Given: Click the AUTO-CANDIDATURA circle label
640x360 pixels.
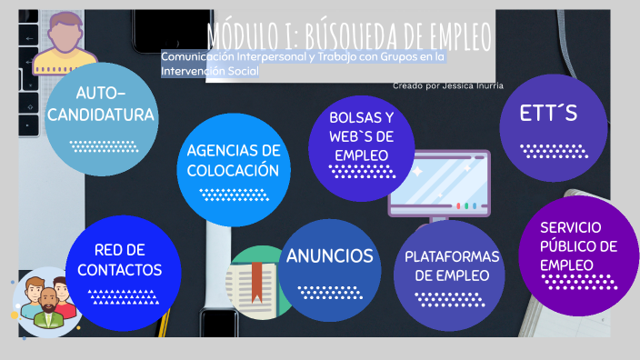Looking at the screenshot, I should pyautogui.click(x=101, y=105).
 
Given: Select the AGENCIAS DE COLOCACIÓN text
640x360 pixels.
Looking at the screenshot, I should pyautogui.click(x=233, y=160).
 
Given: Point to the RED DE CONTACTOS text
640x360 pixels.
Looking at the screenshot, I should pyautogui.click(x=120, y=260).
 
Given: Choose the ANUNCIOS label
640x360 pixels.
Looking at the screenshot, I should pyautogui.click(x=329, y=255).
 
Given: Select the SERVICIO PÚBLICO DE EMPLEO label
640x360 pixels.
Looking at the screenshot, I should pyautogui.click(x=578, y=245).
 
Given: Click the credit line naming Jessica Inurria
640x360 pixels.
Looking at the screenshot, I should pyautogui.click(x=448, y=85).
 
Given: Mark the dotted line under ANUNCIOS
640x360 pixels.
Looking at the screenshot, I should pyautogui.click(x=329, y=292).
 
